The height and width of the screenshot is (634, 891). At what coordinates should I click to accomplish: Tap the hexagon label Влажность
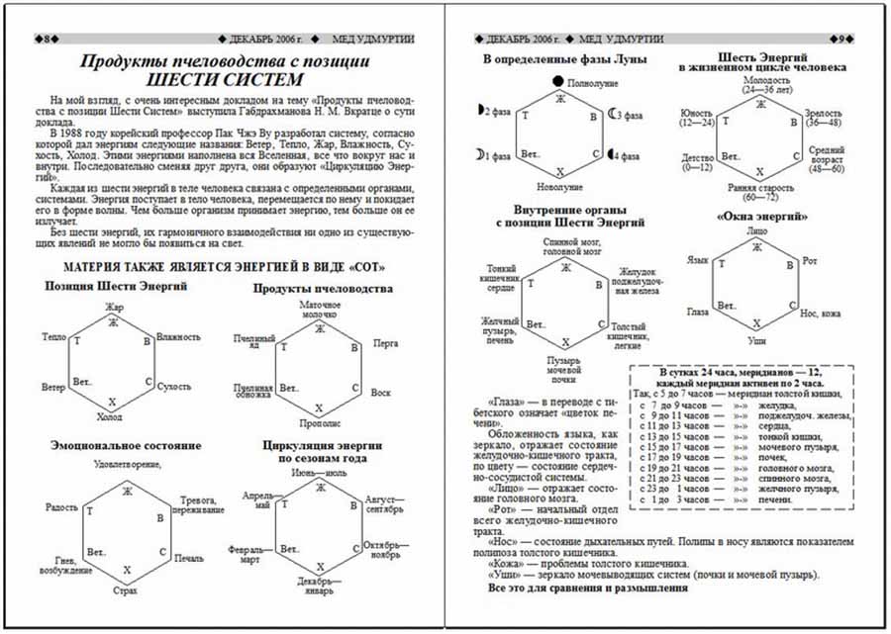click(179, 338)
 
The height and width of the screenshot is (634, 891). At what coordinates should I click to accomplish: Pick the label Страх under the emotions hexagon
click(124, 589)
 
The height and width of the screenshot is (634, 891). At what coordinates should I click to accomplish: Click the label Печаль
click(189, 559)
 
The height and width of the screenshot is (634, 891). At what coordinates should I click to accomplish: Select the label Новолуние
click(560, 187)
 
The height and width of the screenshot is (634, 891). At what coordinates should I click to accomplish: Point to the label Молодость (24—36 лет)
click(766, 84)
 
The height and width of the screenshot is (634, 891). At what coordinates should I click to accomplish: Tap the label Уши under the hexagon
click(757, 339)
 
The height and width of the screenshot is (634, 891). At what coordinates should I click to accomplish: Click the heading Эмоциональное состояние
click(126, 446)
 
